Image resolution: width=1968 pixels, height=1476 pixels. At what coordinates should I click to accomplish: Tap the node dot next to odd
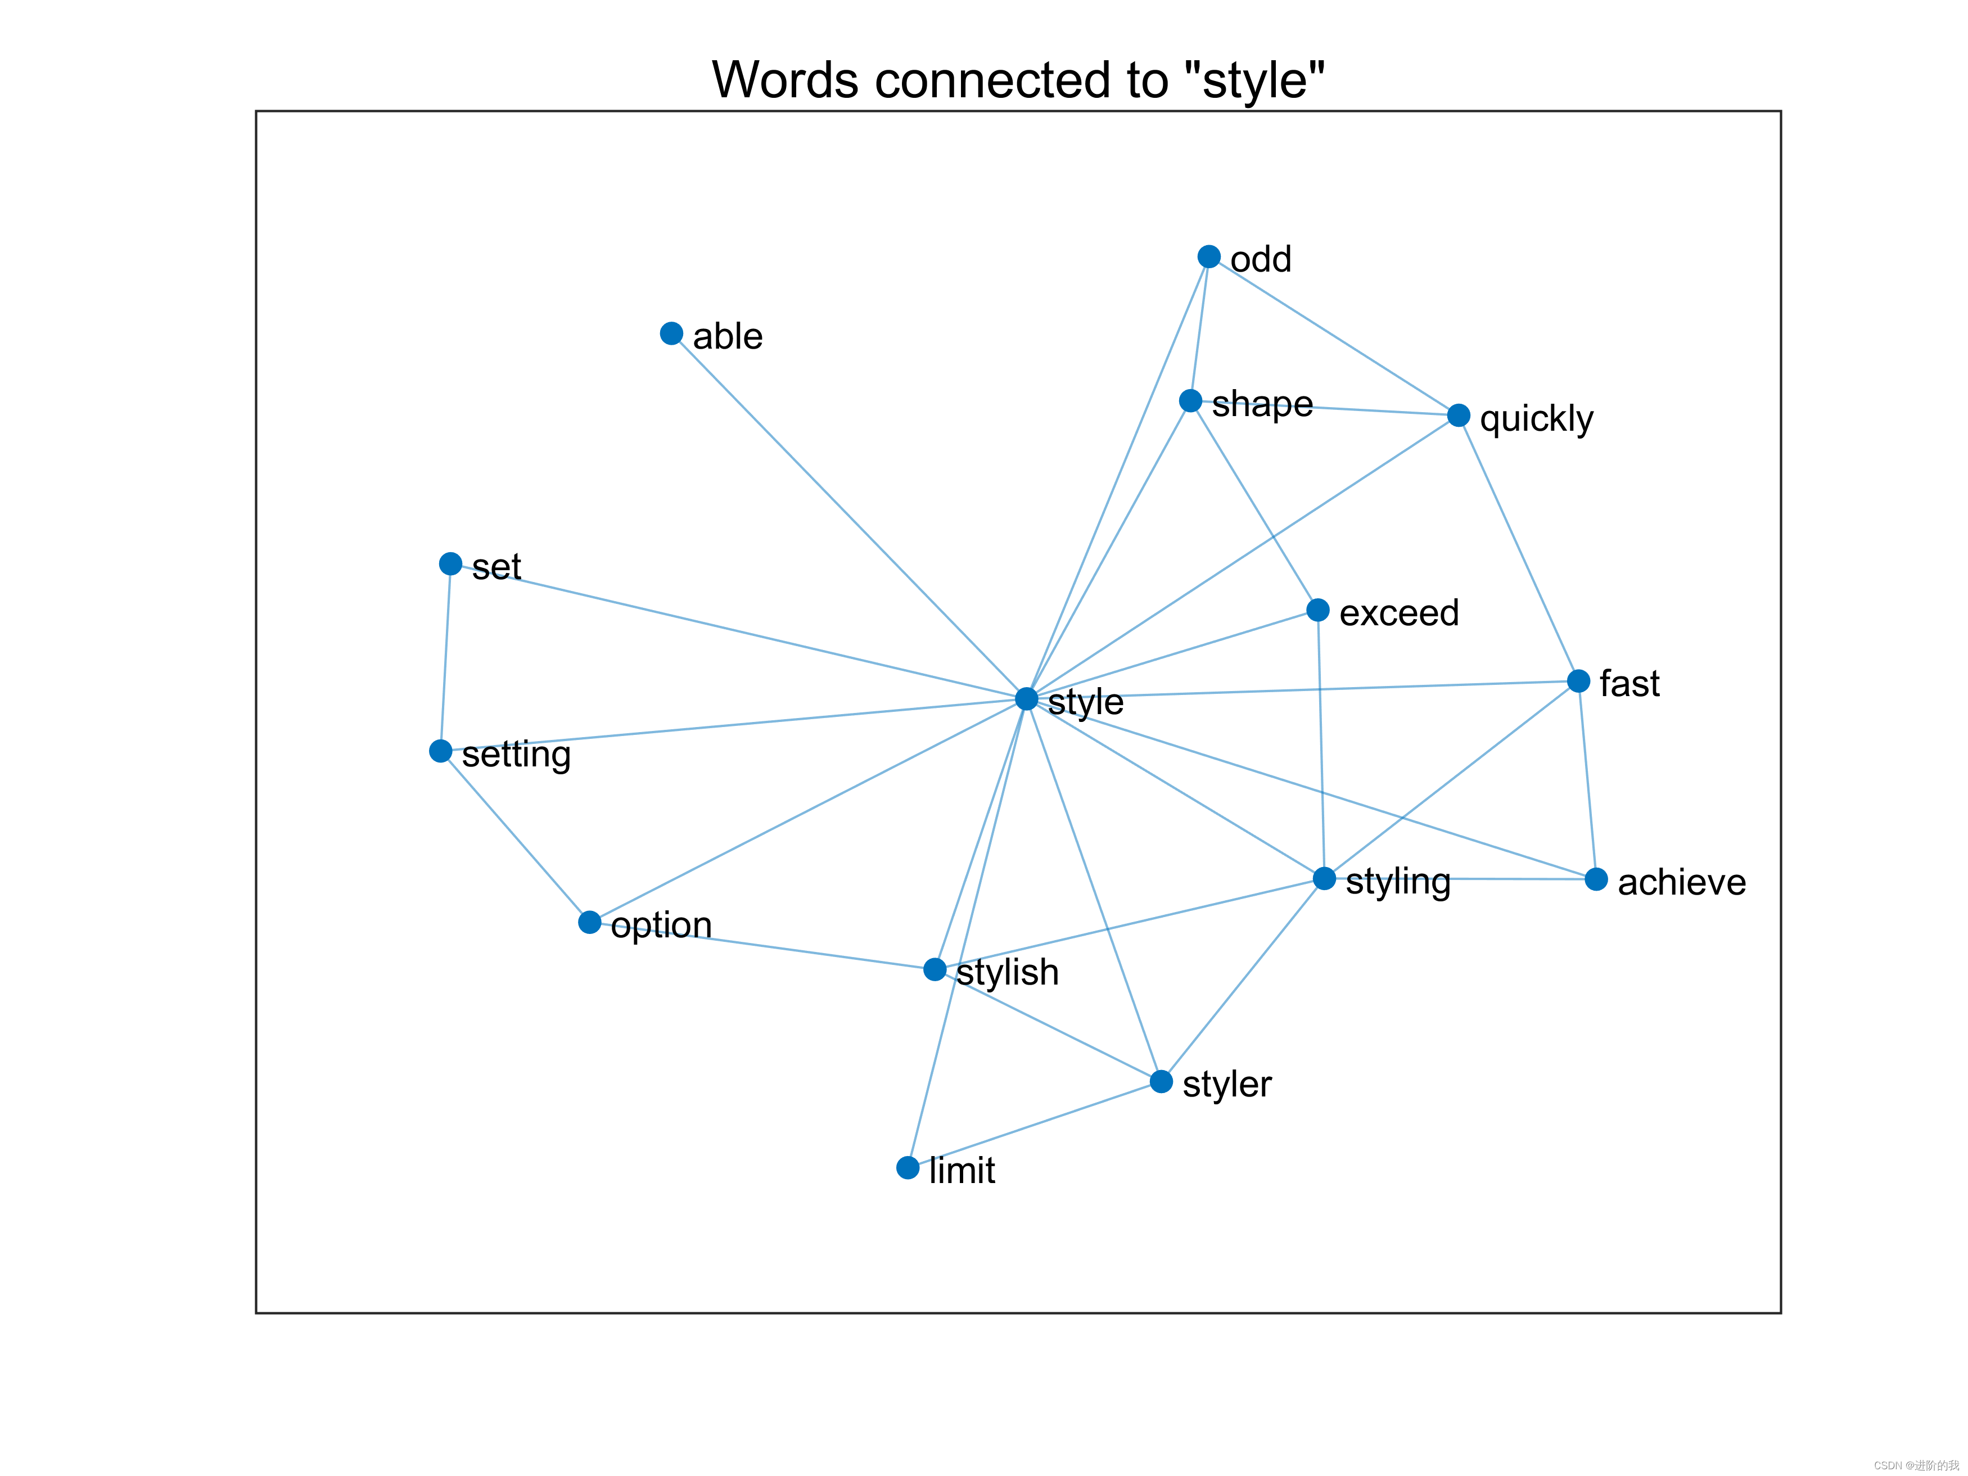tap(1208, 256)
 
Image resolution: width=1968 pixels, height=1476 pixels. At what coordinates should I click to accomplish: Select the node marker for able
tap(672, 333)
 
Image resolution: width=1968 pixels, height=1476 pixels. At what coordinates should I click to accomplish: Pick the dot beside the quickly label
tap(1458, 416)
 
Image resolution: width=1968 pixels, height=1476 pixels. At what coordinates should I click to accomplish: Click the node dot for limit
tap(908, 1167)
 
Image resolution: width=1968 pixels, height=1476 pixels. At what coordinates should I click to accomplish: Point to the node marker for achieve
tap(1596, 879)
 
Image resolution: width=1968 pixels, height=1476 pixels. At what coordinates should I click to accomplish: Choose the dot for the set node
tap(450, 563)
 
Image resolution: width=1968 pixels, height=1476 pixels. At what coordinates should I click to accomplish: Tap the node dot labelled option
tap(589, 922)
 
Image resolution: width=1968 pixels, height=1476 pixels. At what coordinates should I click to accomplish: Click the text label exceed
tap(1398, 612)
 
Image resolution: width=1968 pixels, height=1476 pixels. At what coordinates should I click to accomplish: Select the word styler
tap(1227, 1084)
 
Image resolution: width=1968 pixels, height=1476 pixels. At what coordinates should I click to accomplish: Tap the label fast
tap(1629, 683)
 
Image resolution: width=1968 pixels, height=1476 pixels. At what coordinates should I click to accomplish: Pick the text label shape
tap(1262, 404)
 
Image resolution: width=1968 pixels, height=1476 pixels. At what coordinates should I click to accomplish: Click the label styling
tap(1398, 882)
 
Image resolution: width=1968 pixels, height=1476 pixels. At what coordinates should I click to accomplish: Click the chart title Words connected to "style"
tap(1018, 79)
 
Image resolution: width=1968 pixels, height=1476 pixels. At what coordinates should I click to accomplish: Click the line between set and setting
tap(446, 657)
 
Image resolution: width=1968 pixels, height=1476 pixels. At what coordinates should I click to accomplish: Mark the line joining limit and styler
tap(1034, 1125)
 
